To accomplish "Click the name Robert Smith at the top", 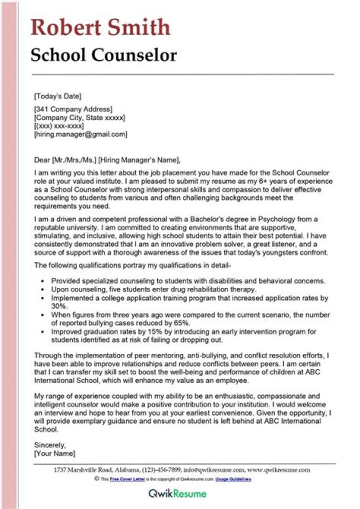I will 100,27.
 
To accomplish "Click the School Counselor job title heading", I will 103,54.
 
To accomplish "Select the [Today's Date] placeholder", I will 57,96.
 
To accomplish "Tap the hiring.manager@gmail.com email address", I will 80,134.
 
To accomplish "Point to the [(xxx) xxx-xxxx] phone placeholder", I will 59,126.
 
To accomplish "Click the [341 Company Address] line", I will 73,109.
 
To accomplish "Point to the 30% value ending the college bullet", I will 59,306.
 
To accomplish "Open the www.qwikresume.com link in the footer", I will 278,470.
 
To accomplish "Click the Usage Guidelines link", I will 233,479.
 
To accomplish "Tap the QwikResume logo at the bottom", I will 177,494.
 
